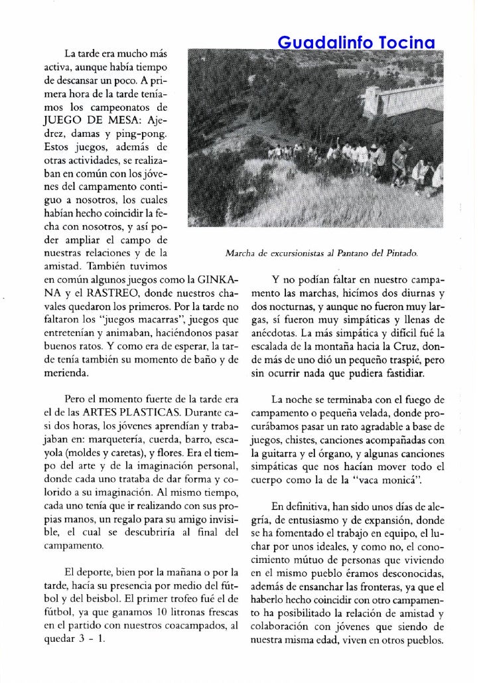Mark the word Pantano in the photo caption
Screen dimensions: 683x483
click(348, 254)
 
